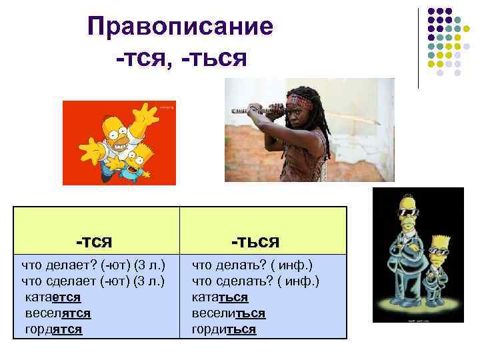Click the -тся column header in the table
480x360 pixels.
(94, 239)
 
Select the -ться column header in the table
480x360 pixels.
(255, 239)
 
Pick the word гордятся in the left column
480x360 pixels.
(53, 329)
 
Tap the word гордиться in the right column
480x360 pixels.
(223, 329)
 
